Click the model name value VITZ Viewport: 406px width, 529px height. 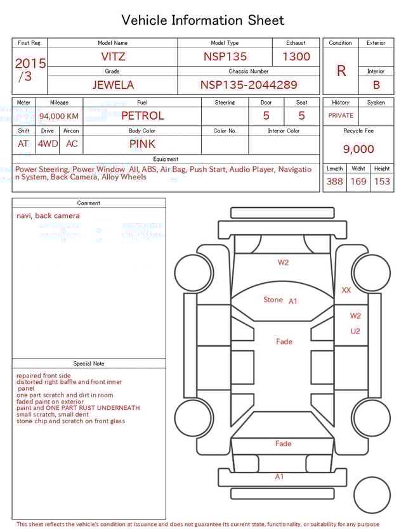(113, 56)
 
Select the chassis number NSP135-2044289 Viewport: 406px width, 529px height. (249, 85)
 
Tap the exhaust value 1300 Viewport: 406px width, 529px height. (296, 56)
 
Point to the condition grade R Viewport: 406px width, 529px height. (341, 71)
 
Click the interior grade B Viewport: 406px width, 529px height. (376, 85)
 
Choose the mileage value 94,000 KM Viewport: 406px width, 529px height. (59, 116)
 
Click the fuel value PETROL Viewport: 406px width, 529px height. (142, 116)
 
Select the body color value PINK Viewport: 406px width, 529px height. (142, 144)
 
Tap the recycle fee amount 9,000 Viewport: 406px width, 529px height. (358, 150)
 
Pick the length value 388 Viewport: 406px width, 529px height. (334, 181)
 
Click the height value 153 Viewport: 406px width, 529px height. (382, 181)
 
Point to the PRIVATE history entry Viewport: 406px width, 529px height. (341, 116)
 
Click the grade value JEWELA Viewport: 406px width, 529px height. (112, 85)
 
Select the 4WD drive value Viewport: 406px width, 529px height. (48, 144)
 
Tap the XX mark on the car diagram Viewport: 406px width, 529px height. (346, 290)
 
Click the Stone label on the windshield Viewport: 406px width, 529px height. (273, 300)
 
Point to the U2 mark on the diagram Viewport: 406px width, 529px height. (355, 331)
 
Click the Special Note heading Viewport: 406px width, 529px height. (89, 364)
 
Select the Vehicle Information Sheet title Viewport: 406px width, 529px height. (203, 20)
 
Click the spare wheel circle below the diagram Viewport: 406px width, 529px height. (372, 495)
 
